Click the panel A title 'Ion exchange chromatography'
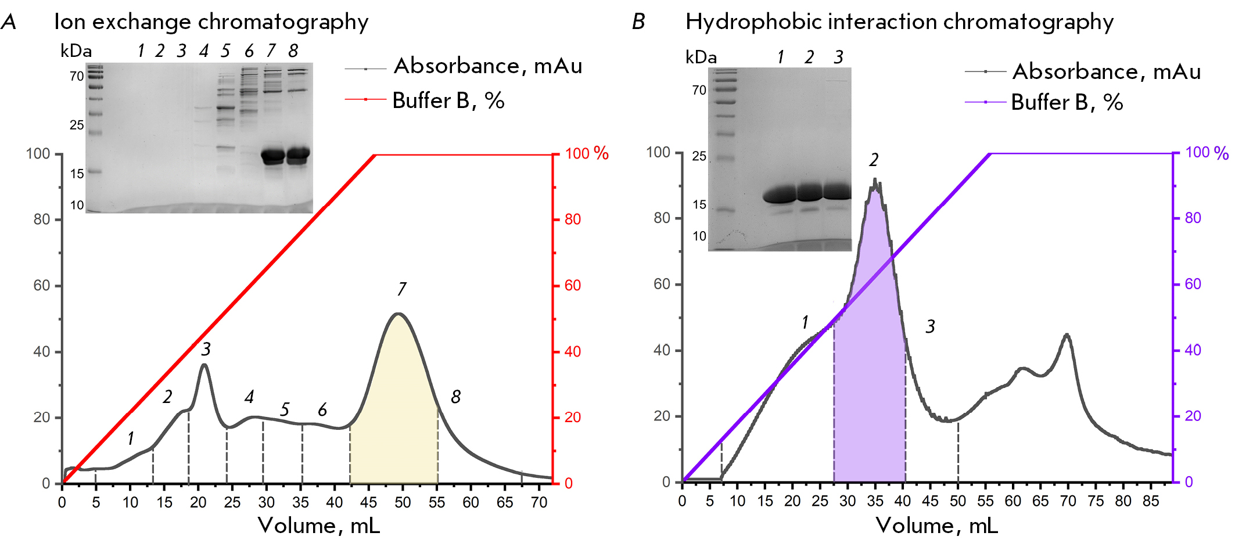point(211,22)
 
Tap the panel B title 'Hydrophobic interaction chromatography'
point(899,22)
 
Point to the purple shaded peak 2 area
point(870,348)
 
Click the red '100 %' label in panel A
point(586,153)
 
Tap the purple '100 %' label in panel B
point(1207,153)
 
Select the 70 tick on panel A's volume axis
point(539,502)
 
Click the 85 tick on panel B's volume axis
point(1151,501)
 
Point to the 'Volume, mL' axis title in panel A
point(319,526)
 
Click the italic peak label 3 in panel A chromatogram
point(206,349)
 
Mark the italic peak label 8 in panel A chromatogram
point(455,397)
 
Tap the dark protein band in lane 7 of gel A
point(272,156)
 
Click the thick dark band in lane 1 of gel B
point(779,193)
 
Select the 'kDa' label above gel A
point(76,51)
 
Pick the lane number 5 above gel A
point(225,51)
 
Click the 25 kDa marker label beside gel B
point(699,156)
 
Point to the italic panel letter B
point(638,22)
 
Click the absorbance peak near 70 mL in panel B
point(1067,335)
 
